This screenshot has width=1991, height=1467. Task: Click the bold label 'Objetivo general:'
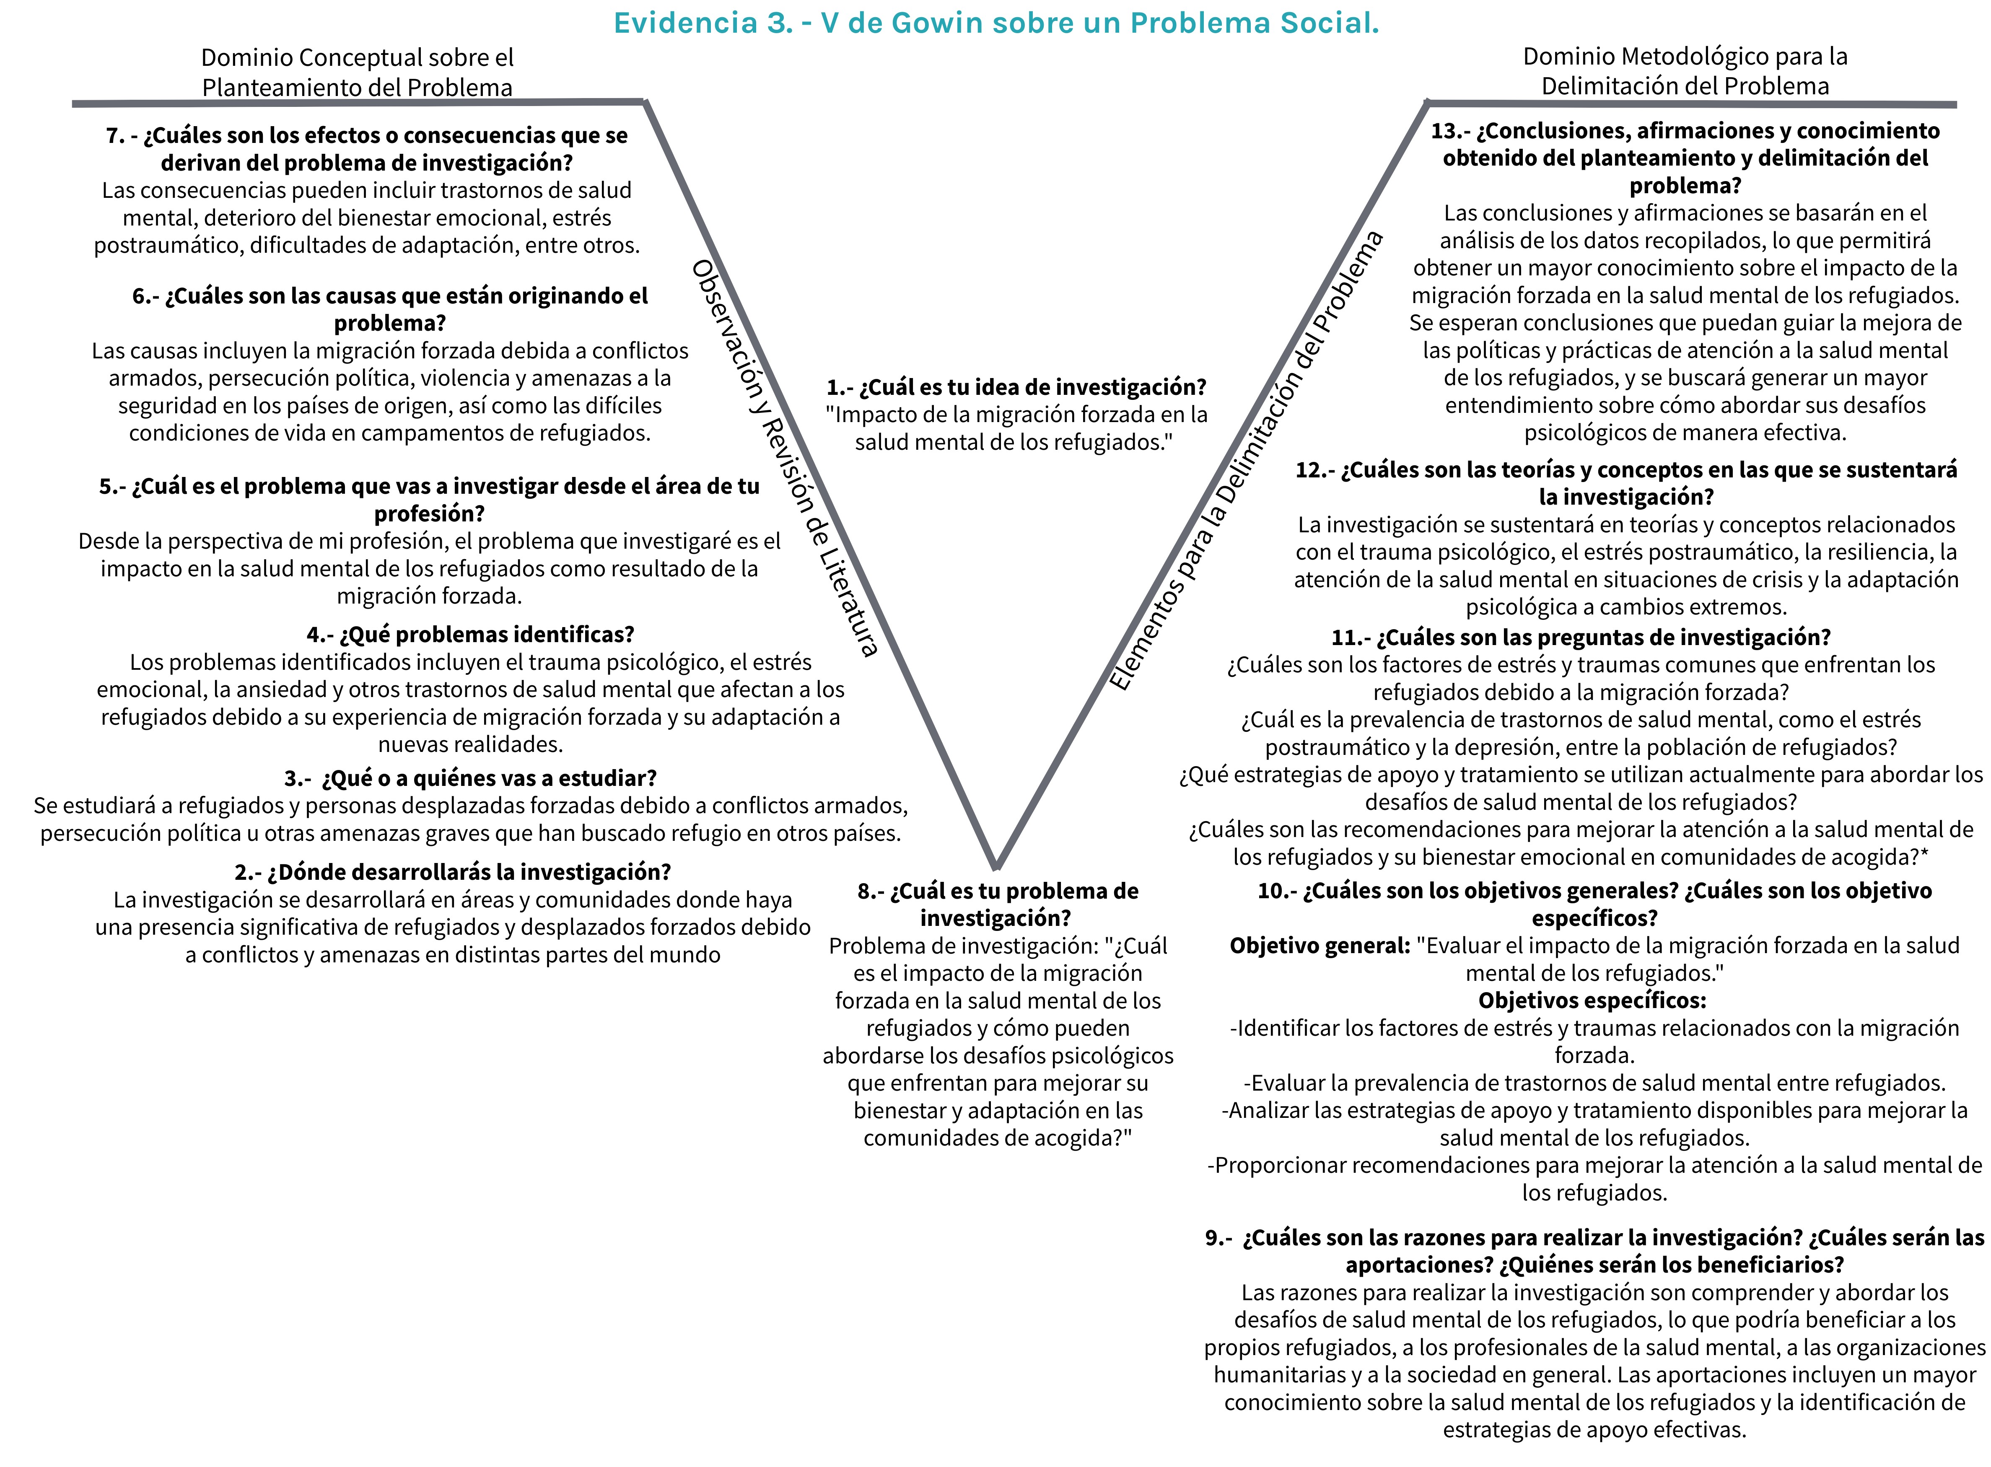pos(1320,946)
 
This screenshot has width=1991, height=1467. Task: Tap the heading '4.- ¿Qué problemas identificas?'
pos(471,635)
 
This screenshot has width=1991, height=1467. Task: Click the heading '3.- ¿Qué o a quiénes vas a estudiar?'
pos(471,779)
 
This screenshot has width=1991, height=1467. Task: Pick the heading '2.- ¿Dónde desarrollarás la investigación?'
pos(453,872)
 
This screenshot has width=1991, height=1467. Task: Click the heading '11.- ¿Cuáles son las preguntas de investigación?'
pos(1581,638)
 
